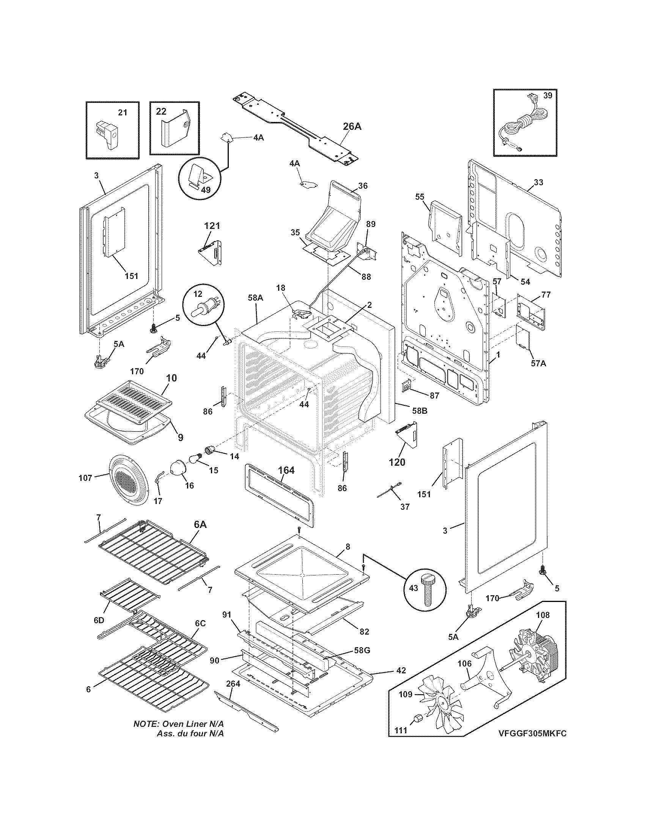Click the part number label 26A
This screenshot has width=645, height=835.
(x=352, y=126)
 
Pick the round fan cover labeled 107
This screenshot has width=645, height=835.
(x=127, y=479)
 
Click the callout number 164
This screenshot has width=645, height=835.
(x=286, y=470)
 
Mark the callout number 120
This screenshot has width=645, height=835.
(x=396, y=462)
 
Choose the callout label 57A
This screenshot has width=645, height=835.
(x=538, y=363)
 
